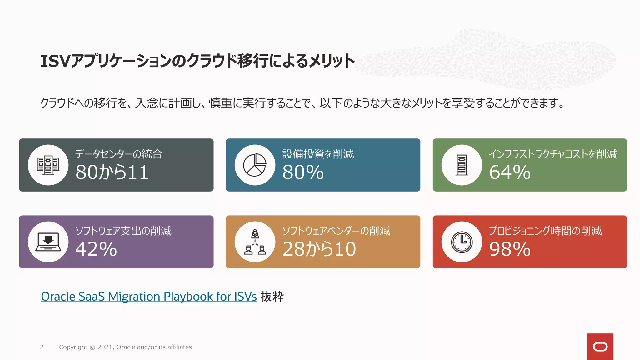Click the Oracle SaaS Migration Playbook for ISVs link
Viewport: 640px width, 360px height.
pos(149,297)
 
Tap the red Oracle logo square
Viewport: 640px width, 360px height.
pos(600,347)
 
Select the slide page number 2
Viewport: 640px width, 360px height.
pos(42,347)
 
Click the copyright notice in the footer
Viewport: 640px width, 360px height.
pos(125,347)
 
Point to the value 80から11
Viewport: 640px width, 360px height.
pos(112,172)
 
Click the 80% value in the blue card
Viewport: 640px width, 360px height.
pos(303,172)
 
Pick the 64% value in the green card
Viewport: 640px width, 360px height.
pos(510,172)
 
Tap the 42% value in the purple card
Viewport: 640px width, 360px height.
pos(96,249)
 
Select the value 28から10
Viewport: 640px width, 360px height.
pos(319,249)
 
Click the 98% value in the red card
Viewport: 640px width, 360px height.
pos(510,249)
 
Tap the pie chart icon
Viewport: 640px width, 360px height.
pos(255,165)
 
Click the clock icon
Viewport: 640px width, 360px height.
pos(462,242)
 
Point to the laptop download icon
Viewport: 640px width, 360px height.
pos(48,242)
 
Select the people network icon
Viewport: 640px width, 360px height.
pos(255,242)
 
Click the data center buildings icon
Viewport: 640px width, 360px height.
pos(48,165)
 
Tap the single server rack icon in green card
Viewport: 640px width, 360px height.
pos(462,165)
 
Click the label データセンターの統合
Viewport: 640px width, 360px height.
pos(119,154)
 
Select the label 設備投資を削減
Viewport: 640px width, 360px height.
pos(318,154)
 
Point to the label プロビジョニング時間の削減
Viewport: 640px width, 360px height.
pos(545,231)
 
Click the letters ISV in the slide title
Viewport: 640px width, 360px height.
pos(55,61)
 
